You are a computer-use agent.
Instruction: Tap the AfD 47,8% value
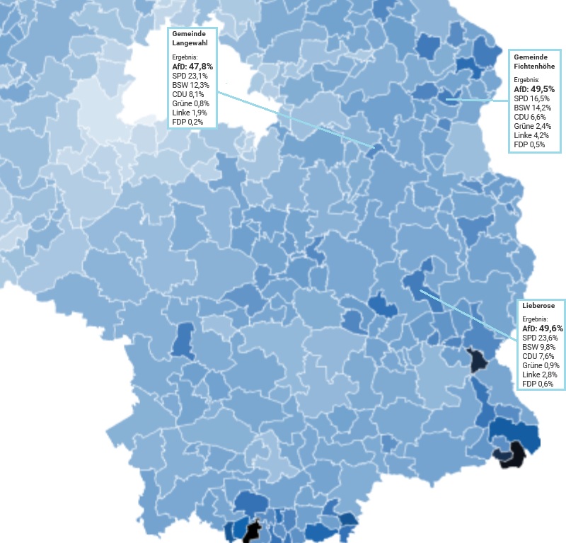(x=192, y=66)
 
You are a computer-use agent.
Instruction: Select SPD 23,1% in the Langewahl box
(x=189, y=75)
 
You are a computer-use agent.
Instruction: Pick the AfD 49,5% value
(x=533, y=89)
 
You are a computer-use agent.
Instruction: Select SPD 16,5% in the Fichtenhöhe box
(x=531, y=98)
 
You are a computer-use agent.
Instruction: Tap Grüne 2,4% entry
(x=532, y=126)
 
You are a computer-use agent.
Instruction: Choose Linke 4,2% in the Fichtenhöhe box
(x=531, y=135)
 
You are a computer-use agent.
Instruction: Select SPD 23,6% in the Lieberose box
(x=540, y=338)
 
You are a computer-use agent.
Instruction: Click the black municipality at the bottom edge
(x=250, y=532)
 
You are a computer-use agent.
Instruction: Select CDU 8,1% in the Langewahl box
(x=188, y=93)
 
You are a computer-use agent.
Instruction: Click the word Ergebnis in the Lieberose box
(x=536, y=319)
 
